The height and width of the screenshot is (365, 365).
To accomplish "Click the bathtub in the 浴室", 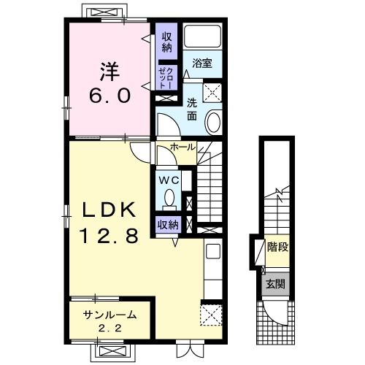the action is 202,36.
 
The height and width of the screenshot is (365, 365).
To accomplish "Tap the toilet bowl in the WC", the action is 169,199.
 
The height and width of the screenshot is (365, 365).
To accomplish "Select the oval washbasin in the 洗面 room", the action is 214,122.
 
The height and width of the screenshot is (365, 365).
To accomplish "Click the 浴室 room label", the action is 202,63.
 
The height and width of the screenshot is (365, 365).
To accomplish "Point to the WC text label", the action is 169,180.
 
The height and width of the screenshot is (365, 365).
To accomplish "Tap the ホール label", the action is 183,147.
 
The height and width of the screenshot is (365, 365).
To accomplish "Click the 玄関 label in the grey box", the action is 275,284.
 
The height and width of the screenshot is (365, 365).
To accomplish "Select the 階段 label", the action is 277,247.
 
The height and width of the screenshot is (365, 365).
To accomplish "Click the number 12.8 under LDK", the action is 109,236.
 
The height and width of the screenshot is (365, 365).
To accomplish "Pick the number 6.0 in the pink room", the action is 109,96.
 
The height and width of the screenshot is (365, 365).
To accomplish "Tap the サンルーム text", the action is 109,315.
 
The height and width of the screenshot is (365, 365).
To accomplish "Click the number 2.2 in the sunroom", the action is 110,328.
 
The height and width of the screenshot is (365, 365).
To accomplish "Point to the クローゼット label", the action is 166,78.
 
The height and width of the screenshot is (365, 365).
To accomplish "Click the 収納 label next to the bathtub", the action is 166,43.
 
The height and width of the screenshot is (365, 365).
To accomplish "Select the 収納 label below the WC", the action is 168,225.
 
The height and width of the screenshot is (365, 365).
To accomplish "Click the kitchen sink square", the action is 213,251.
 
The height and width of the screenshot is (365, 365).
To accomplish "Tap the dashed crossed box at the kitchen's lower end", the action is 211,315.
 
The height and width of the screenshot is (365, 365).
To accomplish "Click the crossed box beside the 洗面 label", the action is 212,93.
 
